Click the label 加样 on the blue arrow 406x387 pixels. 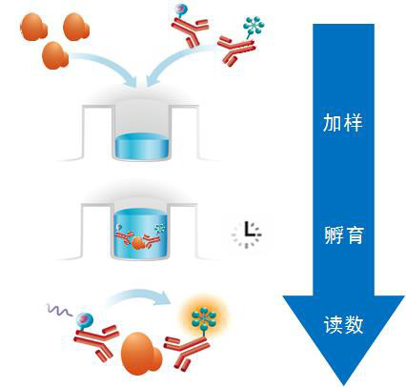coord(342,122)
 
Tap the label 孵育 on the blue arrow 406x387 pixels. coord(344,234)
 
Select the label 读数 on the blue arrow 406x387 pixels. coord(343,324)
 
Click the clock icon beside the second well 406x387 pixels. coord(247,234)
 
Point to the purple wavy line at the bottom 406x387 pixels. coord(59,310)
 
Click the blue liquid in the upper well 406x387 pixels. coord(142,146)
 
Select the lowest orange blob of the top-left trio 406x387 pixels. coord(55,56)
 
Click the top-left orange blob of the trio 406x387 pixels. coord(33,27)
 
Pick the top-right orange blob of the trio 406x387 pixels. coord(76,27)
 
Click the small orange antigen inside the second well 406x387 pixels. coord(138,243)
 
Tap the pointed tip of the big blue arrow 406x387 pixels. coord(344,385)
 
